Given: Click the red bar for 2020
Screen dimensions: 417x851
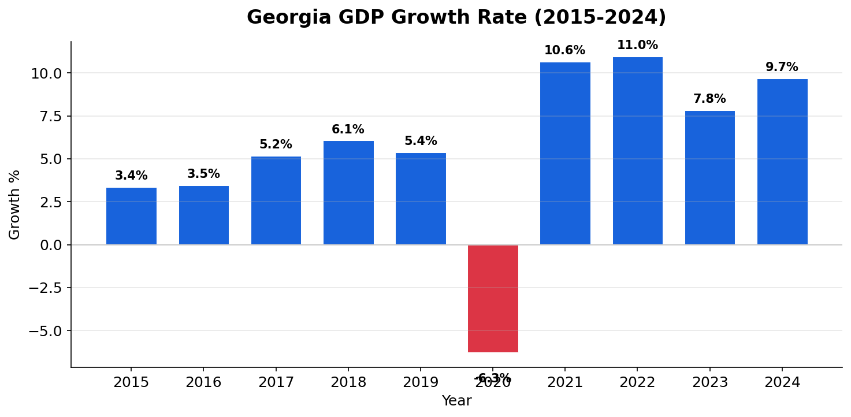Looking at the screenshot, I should click(493, 298).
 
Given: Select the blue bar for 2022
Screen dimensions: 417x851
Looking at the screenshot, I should click(637, 151).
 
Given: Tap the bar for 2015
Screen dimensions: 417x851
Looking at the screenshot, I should click(131, 216).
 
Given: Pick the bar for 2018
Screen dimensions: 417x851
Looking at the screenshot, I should click(348, 193).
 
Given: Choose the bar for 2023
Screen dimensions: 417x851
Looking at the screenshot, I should click(709, 178).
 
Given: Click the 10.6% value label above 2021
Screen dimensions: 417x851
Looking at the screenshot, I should click(564, 51).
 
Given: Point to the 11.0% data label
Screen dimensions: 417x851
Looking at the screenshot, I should click(637, 46).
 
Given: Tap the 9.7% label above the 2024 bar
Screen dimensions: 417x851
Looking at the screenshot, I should click(782, 68).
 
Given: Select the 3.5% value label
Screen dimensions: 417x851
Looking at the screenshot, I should click(203, 174).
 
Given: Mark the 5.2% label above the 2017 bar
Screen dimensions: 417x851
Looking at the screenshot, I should click(276, 145).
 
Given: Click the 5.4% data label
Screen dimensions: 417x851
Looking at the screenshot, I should click(421, 142).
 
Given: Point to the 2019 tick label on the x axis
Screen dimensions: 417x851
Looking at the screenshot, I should click(421, 383).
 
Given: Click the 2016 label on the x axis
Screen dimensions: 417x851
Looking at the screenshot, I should click(203, 383).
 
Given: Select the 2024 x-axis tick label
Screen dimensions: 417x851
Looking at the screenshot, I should click(782, 383).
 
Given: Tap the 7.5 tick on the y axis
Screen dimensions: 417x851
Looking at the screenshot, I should click(50, 116).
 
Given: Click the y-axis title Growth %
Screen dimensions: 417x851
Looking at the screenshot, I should click(15, 204).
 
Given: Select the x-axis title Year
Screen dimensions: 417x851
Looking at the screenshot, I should click(456, 401).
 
